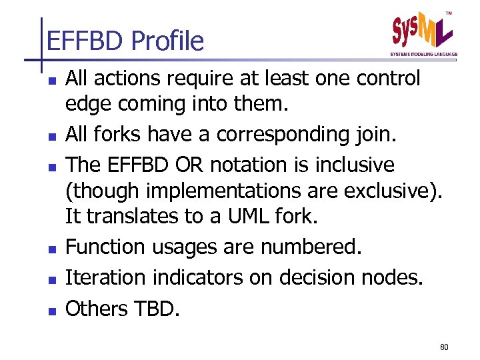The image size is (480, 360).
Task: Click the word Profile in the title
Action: [x=167, y=42]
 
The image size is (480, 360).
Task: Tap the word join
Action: [x=377, y=135]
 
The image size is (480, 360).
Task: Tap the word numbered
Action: [x=311, y=247]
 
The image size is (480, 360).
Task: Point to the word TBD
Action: [x=159, y=309]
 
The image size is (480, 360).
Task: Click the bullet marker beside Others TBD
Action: [x=51, y=311]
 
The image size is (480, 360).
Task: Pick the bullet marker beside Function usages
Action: [x=51, y=249]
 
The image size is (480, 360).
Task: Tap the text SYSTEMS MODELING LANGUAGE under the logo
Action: [x=424, y=55]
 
